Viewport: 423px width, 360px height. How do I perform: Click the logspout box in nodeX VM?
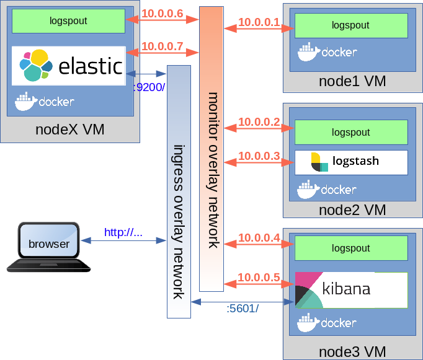pos(68,21)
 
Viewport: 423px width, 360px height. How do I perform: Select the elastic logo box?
pos(68,66)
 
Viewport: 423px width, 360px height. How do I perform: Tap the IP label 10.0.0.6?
pos(162,14)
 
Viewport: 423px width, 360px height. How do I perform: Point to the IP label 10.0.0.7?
pos(162,46)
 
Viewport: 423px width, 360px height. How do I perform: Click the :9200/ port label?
pos(149,87)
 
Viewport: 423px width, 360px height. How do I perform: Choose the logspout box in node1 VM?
pos(351,25)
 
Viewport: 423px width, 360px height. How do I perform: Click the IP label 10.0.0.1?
pos(259,22)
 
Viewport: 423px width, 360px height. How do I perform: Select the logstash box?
pos(351,162)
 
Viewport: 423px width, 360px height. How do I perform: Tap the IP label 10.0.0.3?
pos(259,156)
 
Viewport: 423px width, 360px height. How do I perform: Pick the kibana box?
pos(351,290)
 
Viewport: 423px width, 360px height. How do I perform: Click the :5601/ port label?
pos(243,309)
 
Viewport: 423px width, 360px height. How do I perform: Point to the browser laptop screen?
pos(49,240)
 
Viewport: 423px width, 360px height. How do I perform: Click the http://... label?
pos(123,232)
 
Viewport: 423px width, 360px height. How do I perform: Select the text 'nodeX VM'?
pos(70,130)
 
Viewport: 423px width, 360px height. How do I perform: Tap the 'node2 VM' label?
pos(352,210)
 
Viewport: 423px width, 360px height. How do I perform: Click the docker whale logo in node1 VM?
pos(309,51)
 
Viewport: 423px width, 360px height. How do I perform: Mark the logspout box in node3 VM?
pos(351,248)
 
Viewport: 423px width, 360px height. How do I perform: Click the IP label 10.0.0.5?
pos(259,277)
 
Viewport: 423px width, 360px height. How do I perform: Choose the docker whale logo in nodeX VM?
pos(26,102)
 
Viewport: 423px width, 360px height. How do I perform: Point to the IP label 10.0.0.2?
pos(259,122)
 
